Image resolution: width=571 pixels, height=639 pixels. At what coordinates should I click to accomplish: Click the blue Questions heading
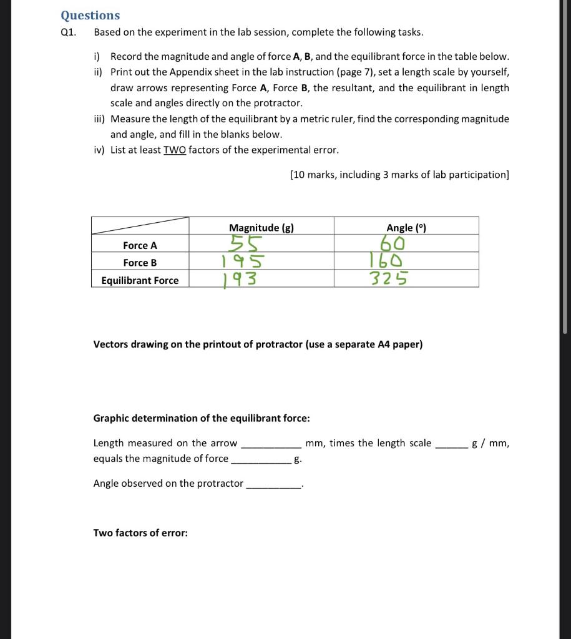[90, 15]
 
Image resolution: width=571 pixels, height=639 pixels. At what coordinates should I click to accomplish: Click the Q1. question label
[68, 32]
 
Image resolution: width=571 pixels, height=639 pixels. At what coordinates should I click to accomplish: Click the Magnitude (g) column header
[261, 228]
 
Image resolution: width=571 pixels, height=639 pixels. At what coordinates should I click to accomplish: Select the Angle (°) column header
[406, 228]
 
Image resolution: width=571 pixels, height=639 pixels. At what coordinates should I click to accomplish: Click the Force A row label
[140, 245]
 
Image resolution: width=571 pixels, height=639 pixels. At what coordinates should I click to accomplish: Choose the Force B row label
[140, 263]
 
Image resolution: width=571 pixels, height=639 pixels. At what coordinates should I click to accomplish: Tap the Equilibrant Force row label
[140, 280]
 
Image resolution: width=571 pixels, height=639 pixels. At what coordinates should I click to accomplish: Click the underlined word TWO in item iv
[175, 150]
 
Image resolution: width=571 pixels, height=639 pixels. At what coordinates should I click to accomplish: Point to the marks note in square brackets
[399, 175]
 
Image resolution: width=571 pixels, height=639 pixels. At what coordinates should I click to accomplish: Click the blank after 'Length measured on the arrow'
[271, 444]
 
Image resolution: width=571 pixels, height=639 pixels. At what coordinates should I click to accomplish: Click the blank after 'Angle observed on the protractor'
[274, 484]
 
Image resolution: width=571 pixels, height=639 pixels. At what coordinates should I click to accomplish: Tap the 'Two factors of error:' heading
[140, 533]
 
